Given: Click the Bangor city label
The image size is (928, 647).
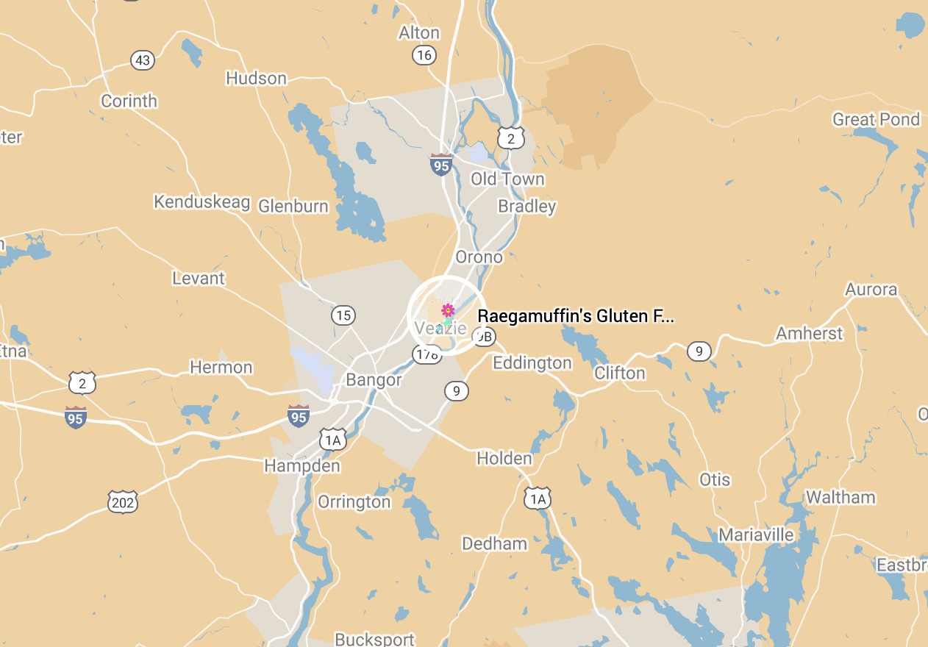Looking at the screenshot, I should click(374, 380).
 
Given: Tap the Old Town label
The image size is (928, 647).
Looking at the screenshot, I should click(507, 179).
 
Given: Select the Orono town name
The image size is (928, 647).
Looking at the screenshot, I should click(479, 257).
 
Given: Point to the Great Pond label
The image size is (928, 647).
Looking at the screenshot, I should click(876, 119).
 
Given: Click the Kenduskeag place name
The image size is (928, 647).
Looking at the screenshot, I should click(201, 202).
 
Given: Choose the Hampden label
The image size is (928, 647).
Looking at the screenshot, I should click(302, 466).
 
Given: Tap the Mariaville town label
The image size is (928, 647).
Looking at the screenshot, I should click(756, 535).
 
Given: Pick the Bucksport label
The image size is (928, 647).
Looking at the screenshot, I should click(374, 639).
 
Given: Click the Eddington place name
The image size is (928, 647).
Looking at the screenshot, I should click(532, 363).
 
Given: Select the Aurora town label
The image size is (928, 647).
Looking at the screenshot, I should click(871, 289).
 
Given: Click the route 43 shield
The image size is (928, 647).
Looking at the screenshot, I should click(143, 60).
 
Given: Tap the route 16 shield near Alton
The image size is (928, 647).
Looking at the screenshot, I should click(424, 55).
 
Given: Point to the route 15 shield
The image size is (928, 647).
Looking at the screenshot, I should click(343, 316).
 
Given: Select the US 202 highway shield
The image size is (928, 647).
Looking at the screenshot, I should click(122, 503).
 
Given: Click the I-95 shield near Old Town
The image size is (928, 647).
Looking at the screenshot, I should click(440, 165).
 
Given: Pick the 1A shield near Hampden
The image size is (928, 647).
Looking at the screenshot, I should click(333, 440).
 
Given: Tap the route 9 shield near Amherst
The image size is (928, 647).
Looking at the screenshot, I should click(699, 351).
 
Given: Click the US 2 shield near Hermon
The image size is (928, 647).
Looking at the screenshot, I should click(82, 382).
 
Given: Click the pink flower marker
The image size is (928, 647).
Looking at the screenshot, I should click(447, 310).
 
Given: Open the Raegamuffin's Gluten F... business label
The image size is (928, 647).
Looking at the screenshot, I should click(575, 316).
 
